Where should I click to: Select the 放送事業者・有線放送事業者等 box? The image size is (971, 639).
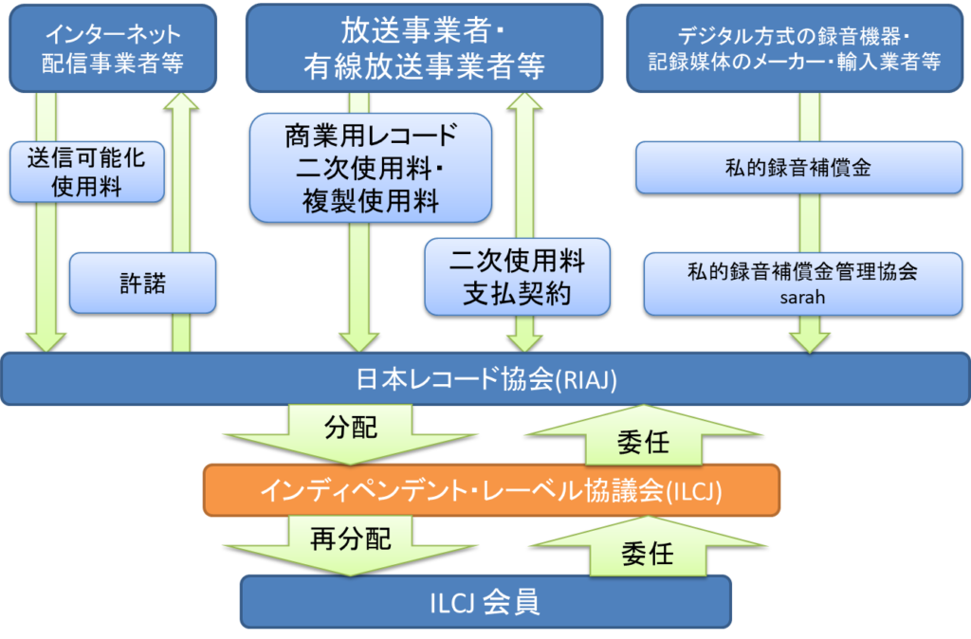[x=424, y=47]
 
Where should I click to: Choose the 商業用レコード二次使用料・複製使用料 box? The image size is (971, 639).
[x=371, y=168]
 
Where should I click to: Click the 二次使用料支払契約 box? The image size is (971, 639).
[x=517, y=276]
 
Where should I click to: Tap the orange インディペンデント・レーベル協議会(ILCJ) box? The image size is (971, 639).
[x=491, y=490]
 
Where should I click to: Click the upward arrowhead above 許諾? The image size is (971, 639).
[x=183, y=103]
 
